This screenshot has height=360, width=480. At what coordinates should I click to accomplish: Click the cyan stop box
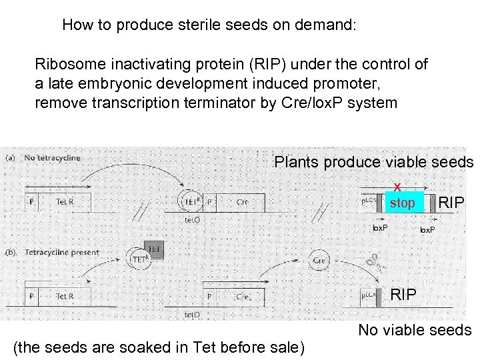[402, 203]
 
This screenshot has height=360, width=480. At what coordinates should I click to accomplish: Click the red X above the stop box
[397, 188]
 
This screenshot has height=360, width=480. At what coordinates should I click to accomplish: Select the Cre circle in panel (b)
[319, 260]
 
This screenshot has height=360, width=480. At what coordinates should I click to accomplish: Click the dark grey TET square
[154, 250]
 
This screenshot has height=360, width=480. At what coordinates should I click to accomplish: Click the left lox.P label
[380, 227]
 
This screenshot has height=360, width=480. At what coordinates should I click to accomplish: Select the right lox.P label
[428, 230]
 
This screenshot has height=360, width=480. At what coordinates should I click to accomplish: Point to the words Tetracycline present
[63, 253]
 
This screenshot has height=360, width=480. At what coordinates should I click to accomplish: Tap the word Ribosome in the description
[65, 65]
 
